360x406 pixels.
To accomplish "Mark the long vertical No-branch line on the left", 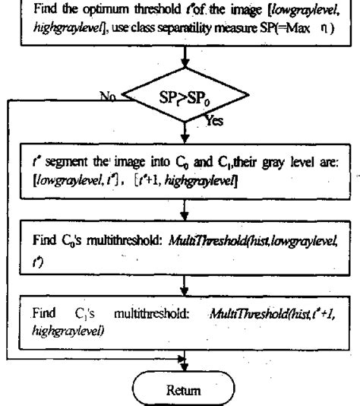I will tap(7, 228).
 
